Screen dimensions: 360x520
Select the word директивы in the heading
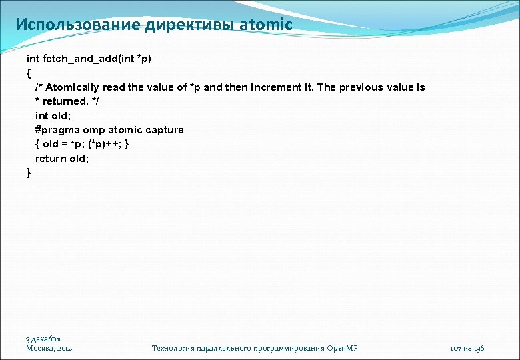[x=185, y=25]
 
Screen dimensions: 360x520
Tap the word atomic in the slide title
[x=265, y=25]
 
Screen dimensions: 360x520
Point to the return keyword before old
[x=50, y=159]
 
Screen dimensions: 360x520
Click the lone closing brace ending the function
[x=29, y=173]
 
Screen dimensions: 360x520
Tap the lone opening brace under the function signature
[x=29, y=73]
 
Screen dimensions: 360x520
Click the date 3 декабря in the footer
[x=43, y=339]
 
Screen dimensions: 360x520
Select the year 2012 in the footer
[x=65, y=349]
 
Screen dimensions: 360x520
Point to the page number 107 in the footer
[x=457, y=349]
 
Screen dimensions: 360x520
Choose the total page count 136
[x=479, y=349]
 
